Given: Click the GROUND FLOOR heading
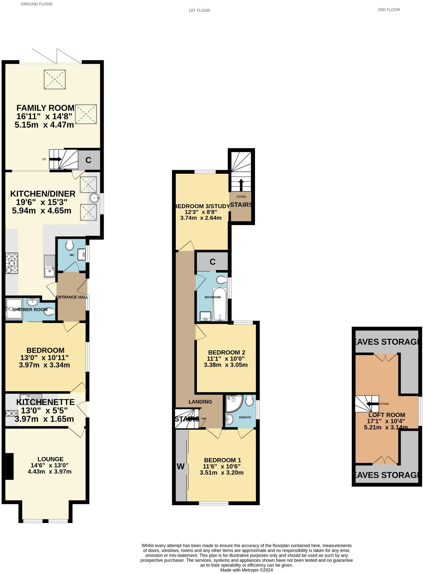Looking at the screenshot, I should click(x=37, y=4).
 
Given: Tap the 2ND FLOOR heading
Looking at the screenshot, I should click(x=389, y=10).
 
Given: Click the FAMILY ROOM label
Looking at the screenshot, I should click(x=45, y=108).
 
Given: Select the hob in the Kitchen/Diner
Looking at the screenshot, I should click(x=12, y=263).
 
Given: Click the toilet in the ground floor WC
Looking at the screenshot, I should click(x=69, y=245).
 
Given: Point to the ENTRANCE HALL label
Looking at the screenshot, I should click(x=72, y=297).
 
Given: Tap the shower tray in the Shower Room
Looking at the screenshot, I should click(x=14, y=309).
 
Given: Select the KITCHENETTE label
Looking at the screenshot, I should click(x=45, y=402).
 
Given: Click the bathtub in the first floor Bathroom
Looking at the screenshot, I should click(x=220, y=304).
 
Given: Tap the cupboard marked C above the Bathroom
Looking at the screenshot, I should click(x=212, y=262).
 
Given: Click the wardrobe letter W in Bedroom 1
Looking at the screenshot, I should click(x=180, y=466).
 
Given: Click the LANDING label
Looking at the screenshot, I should click(x=200, y=402).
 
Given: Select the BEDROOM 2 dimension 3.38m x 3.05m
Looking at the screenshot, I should click(x=226, y=365).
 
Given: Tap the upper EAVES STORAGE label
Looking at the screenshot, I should click(x=386, y=342).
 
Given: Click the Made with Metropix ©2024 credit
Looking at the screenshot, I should click(x=246, y=570).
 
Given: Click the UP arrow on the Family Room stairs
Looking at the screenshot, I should click(x=55, y=159).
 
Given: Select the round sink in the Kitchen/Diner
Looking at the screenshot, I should click(x=95, y=198).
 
